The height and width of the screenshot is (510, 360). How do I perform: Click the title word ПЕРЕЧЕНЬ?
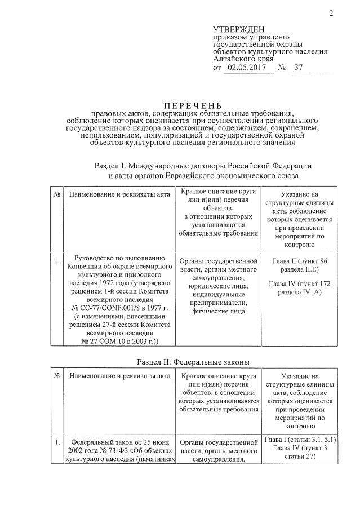click(x=193, y=105)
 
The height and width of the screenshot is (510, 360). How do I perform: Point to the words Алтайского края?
click(x=243, y=58)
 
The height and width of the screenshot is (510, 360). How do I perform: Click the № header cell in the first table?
click(x=57, y=194)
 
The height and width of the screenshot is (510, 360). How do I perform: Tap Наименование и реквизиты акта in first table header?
click(x=119, y=194)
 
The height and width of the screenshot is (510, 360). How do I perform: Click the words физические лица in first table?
click(x=217, y=309)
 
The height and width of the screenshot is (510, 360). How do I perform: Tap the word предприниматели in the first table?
click(x=217, y=300)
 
